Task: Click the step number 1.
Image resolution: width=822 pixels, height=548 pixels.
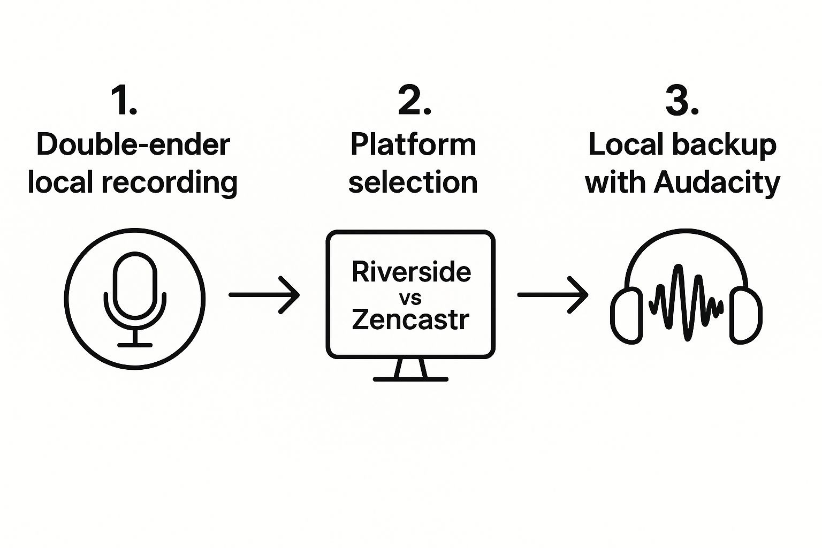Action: tap(124, 101)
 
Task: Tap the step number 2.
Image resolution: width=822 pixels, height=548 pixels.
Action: tap(414, 101)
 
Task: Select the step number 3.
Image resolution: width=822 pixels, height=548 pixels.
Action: tap(682, 101)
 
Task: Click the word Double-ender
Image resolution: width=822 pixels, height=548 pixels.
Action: tap(133, 145)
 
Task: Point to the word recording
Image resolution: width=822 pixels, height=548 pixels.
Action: tap(170, 183)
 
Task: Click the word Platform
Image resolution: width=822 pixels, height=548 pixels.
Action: tap(413, 145)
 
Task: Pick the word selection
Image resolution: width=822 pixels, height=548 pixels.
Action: tap(413, 182)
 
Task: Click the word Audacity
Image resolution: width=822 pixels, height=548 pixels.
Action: tap(717, 183)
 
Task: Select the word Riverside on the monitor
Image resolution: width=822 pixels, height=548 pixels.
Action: tap(411, 272)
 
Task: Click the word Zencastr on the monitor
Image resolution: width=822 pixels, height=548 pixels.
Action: tap(410, 319)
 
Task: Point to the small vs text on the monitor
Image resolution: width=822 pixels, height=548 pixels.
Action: tap(410, 297)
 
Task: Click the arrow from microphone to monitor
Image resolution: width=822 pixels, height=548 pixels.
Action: tap(264, 295)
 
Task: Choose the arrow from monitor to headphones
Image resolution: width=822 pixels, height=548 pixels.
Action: tap(552, 295)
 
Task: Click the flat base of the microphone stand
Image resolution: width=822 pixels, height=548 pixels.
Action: tap(135, 345)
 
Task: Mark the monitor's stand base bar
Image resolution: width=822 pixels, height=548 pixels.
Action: tap(410, 379)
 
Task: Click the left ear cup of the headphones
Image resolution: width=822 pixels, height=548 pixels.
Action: tap(627, 315)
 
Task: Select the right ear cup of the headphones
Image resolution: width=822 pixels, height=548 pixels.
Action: tap(745, 315)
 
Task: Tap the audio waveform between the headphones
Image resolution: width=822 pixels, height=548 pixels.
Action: tap(686, 303)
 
